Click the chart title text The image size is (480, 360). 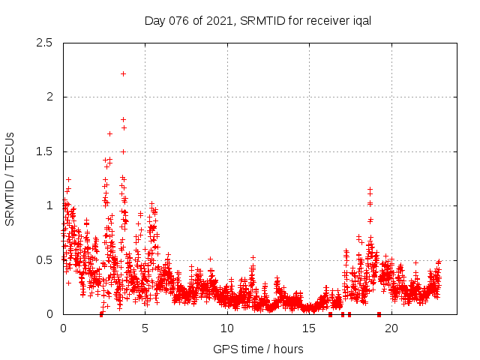pyautogui.click(x=258, y=20)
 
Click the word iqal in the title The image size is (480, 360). pyautogui.click(x=361, y=20)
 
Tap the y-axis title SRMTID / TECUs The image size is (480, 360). pyautogui.click(x=10, y=178)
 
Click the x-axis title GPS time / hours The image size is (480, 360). pyautogui.click(x=258, y=349)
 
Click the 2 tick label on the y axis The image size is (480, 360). pyautogui.click(x=49, y=97)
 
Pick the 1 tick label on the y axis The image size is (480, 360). pyautogui.click(x=49, y=205)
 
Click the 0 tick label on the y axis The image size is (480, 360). pyautogui.click(x=49, y=314)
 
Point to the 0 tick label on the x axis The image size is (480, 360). pyautogui.click(x=63, y=328)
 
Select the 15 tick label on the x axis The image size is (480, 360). pyautogui.click(x=310, y=328)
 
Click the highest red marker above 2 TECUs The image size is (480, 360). pyautogui.click(x=123, y=73)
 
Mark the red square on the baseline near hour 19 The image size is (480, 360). pyautogui.click(x=379, y=314)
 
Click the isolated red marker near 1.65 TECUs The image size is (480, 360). pyautogui.click(x=109, y=133)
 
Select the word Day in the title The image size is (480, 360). pyautogui.click(x=154, y=20)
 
